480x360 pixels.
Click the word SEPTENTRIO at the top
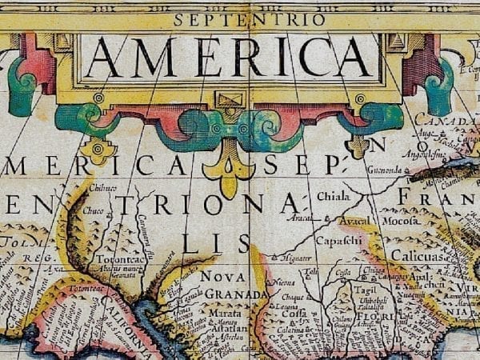250,19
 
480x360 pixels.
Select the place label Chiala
333,195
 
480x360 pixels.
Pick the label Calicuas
418,254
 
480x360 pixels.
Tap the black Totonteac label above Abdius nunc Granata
120,259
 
